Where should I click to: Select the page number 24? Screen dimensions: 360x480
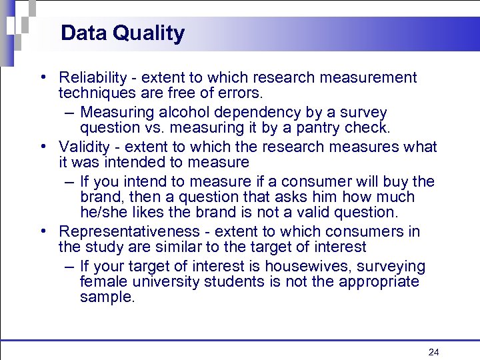click(434, 351)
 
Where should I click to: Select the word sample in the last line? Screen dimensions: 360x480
click(106, 297)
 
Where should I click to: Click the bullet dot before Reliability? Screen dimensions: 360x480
click(43, 77)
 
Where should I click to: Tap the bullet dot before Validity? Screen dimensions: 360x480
click(43, 147)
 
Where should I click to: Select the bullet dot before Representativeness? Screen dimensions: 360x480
click(43, 231)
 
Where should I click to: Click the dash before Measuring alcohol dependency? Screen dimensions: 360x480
click(69, 112)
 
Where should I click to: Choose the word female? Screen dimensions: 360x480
click(101, 281)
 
